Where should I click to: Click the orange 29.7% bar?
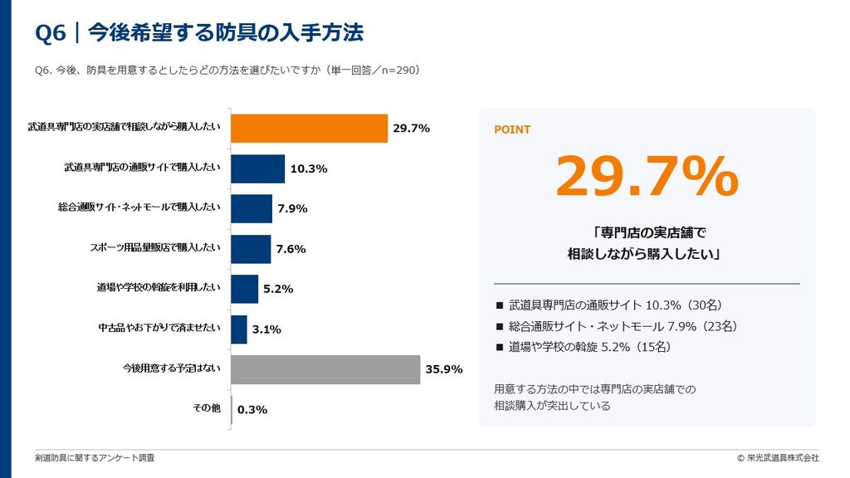(309, 129)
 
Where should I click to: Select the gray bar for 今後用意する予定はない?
(325, 369)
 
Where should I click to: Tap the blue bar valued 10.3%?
(257, 168)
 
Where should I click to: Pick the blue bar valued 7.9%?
(252, 208)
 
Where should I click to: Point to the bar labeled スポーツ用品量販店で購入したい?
(251, 249)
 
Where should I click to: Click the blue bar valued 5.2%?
(245, 289)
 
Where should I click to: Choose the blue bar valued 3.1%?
(238, 329)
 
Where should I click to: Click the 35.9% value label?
(444, 369)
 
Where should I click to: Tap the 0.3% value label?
(252, 410)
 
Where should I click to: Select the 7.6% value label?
(291, 249)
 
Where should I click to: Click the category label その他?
(207, 408)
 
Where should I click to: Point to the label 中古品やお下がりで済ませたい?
(159, 328)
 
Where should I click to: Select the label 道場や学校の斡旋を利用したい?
(159, 287)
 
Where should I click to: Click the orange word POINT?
(512, 129)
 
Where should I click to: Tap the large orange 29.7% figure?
(647, 176)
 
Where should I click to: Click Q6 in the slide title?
(51, 32)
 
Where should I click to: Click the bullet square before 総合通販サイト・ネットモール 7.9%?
(500, 327)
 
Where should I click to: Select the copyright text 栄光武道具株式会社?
(783, 458)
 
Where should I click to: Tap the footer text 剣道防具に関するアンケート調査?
(95, 458)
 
